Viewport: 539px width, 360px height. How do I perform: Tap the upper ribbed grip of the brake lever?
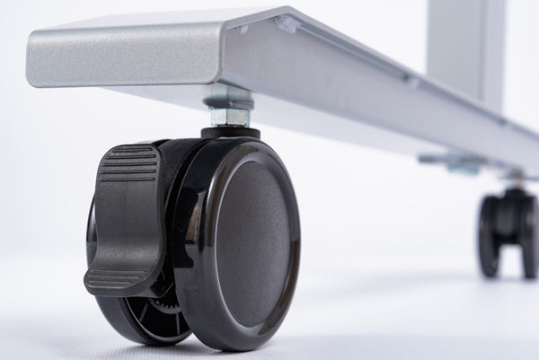tap(128, 163)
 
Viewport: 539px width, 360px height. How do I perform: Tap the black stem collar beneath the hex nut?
tap(230, 133)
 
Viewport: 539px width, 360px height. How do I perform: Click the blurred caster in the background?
tap(508, 231)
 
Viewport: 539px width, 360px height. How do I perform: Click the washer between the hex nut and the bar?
tap(228, 101)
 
